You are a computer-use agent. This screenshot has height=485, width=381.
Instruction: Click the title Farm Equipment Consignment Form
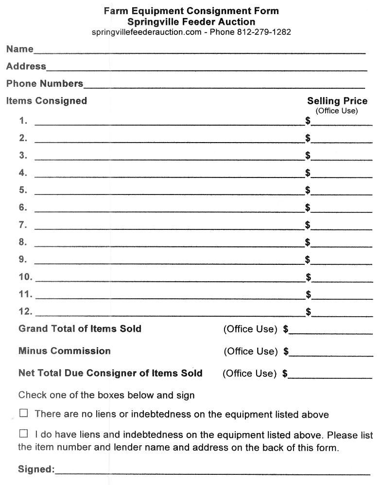tap(191, 11)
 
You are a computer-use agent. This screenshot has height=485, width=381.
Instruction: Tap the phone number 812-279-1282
tap(264, 32)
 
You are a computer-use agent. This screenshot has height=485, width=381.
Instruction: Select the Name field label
tap(20, 49)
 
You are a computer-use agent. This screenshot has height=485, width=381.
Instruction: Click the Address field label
tap(26, 66)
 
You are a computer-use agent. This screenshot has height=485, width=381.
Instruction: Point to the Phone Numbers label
tap(45, 84)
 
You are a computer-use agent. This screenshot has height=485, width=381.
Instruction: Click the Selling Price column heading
tap(337, 101)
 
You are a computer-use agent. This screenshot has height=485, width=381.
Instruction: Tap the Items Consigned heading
tap(47, 101)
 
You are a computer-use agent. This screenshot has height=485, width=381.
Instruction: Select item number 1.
tap(23, 121)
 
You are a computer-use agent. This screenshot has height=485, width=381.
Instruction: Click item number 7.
tap(23, 225)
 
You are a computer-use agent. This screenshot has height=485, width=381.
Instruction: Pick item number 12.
tap(25, 311)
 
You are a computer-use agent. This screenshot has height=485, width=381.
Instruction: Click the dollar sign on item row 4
tap(308, 173)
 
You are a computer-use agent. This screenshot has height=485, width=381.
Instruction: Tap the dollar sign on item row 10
tap(308, 277)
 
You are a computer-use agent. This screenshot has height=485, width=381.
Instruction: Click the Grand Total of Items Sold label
tap(80, 329)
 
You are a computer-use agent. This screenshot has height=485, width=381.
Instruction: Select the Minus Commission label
tap(65, 351)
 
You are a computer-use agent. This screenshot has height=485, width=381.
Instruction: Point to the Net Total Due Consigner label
tap(110, 373)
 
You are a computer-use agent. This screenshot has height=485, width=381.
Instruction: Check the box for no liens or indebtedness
tap(24, 414)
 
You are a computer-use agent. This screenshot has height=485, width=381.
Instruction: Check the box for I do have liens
tap(24, 433)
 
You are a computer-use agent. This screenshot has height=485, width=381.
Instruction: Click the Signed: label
tap(36, 469)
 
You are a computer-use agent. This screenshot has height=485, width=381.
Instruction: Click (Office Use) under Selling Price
tap(337, 111)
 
